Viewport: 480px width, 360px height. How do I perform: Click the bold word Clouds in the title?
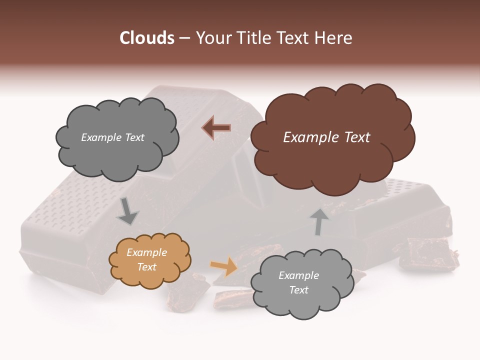(147, 38)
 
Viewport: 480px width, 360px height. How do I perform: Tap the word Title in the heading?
(253, 38)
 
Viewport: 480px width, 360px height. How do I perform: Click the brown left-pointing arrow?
(216, 128)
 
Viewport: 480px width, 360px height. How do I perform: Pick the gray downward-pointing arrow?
(127, 211)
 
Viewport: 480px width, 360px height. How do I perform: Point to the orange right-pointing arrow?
(224, 266)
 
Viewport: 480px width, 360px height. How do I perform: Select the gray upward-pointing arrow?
(318, 221)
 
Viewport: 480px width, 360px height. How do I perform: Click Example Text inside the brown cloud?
(326, 137)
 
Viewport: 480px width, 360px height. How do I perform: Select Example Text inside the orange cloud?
(147, 259)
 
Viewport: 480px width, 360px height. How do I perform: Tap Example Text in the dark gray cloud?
(112, 137)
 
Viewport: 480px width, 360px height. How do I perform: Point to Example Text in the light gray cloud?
(298, 282)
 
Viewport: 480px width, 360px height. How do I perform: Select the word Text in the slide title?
(294, 38)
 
